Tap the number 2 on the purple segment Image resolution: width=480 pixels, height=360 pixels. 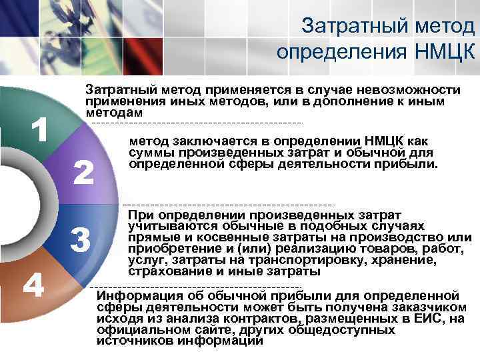point(83,173)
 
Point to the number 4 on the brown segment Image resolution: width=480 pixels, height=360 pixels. point(33,287)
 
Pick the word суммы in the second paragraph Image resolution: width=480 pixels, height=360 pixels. point(150,152)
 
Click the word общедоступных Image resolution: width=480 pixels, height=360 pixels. point(347,329)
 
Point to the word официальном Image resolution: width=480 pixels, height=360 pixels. point(141,329)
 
